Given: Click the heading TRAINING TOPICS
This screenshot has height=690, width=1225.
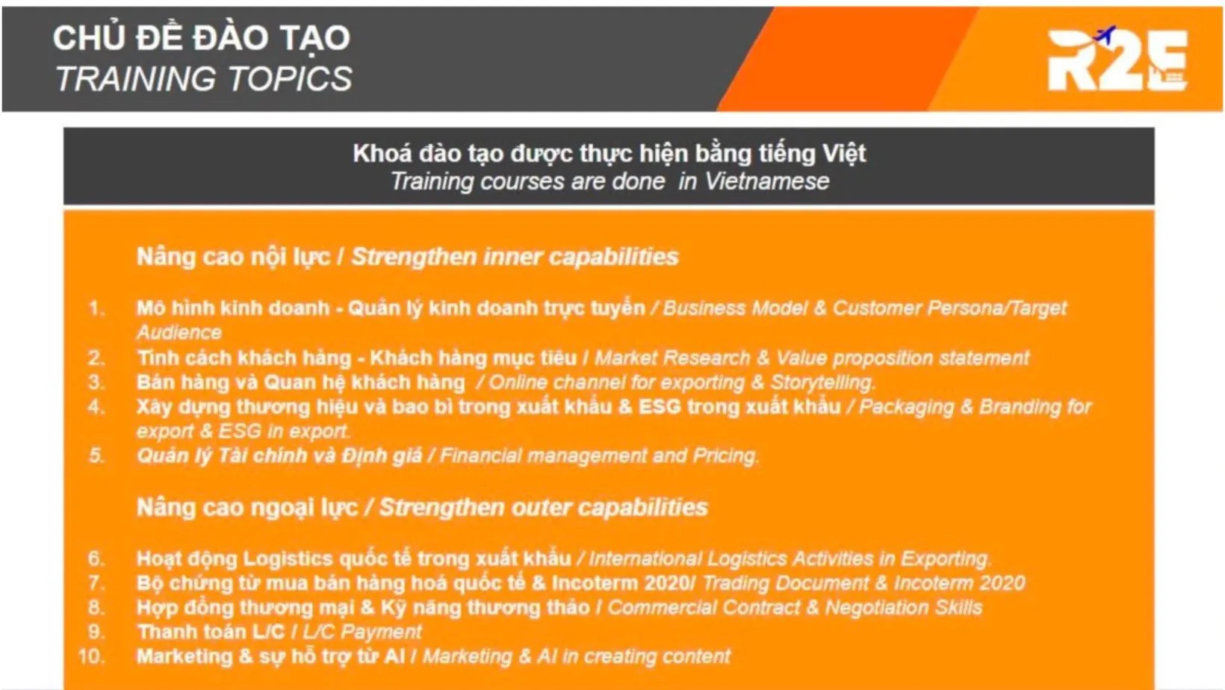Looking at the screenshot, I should point(203,78).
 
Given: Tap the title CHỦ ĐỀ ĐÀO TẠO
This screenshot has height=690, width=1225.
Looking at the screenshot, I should point(201,37).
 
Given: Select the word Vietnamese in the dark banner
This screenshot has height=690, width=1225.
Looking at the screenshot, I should point(766,181).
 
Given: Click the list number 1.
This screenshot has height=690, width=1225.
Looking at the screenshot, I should point(96,308).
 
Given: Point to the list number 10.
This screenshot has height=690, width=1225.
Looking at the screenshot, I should point(91,656).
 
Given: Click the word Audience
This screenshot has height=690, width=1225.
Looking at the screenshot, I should point(179,332).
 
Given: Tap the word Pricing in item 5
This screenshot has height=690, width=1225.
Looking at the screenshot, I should point(725,456).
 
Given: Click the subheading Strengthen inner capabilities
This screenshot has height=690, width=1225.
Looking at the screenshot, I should point(515,257).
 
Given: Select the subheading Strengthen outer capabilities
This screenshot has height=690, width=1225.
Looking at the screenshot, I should point(543,508).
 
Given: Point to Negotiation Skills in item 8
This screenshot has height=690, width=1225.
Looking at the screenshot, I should point(903,607).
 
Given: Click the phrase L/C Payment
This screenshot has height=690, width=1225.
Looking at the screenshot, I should point(362,632).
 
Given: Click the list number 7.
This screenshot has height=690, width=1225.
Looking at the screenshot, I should point(96,583).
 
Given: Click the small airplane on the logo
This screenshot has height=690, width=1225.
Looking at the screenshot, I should point(1105,34).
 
